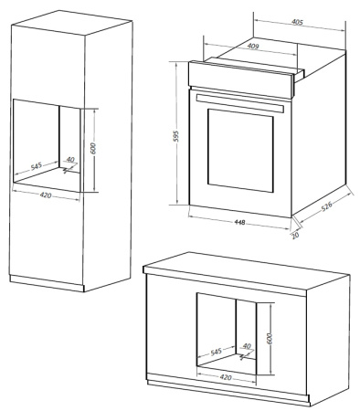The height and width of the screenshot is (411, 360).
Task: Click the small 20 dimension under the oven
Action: (x=295, y=235)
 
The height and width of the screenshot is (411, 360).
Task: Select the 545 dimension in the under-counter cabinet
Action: (x=217, y=351)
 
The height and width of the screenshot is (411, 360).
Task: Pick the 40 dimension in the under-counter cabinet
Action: (x=247, y=346)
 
